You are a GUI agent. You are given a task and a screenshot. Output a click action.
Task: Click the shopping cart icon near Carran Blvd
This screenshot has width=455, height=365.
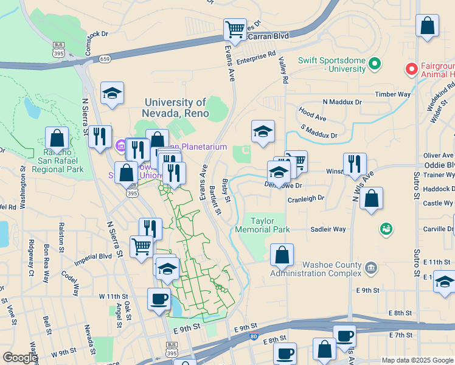(x=235, y=29)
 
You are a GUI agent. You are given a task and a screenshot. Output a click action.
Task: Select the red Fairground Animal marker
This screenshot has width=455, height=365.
(x=412, y=69)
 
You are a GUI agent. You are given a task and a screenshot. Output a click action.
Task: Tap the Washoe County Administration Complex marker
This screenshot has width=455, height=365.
(x=371, y=268)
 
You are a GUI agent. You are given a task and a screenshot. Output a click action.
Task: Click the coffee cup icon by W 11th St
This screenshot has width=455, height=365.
(x=159, y=299)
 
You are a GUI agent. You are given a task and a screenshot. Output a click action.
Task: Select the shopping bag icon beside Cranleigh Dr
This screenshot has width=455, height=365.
(x=371, y=198)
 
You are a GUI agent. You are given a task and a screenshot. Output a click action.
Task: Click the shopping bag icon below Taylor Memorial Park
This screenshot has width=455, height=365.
(x=282, y=255)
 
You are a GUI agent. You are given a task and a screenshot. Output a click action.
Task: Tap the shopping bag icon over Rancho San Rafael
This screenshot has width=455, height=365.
(x=57, y=137)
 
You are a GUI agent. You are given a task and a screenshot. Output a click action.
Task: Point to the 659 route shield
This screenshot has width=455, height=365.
(x=105, y=59)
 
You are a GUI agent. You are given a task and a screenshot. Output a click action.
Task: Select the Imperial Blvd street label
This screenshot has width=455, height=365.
(x=93, y=256)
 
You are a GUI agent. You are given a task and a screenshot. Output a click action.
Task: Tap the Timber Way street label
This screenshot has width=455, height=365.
(x=393, y=94)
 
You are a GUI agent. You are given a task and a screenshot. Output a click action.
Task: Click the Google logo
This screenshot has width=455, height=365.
(x=19, y=358)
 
